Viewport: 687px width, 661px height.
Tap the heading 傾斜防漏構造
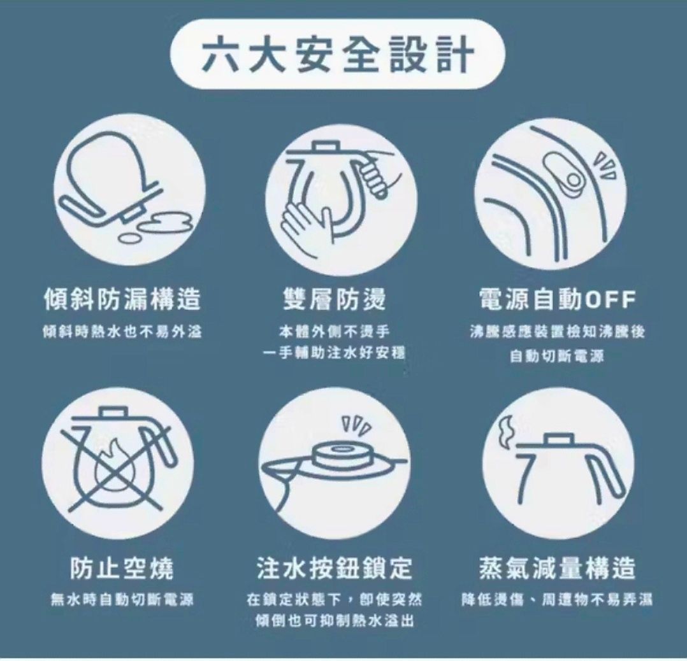(x=122, y=299)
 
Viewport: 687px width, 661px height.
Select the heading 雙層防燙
(x=335, y=299)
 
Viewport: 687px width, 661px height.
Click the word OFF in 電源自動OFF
(x=610, y=300)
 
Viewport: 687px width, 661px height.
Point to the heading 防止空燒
(x=122, y=568)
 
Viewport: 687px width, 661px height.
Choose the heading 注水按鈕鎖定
(x=335, y=568)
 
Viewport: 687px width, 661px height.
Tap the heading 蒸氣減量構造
(x=557, y=568)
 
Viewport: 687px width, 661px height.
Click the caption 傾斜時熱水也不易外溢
(x=122, y=332)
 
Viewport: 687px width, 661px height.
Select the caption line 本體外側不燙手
(x=335, y=331)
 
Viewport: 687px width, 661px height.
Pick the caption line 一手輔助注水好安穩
(x=335, y=353)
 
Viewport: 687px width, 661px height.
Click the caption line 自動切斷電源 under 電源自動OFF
(x=557, y=356)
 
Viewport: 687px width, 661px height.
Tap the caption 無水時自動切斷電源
(x=122, y=599)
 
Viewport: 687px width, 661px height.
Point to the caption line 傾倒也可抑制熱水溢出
(x=335, y=621)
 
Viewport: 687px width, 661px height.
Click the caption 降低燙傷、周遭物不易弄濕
(x=557, y=599)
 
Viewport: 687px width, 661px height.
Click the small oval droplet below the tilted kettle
(x=130, y=238)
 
